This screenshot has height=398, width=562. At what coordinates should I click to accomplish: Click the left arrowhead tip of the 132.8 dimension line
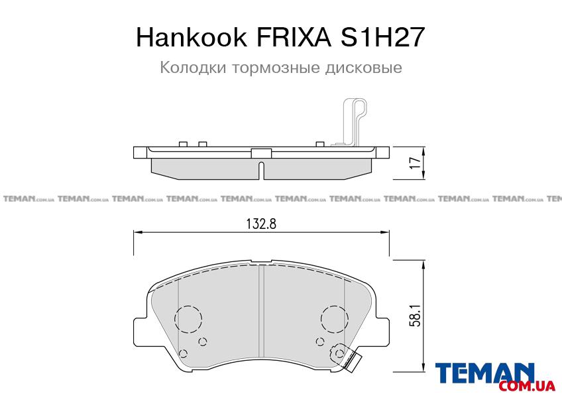pyautogui.click(x=134, y=233)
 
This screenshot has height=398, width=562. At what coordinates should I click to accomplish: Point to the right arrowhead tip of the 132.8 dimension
pyautogui.click(x=389, y=233)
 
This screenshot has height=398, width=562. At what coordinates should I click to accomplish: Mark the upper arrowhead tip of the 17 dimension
pyautogui.click(x=424, y=147)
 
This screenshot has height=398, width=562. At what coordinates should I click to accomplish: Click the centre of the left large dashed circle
pyautogui.click(x=188, y=318)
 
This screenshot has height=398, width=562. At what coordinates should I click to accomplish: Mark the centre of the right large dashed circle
pyautogui.click(x=335, y=318)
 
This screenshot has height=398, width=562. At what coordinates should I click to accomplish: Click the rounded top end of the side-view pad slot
pyautogui.click(x=261, y=164)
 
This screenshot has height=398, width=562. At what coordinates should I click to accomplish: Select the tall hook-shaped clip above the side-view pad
pyautogui.click(x=354, y=122)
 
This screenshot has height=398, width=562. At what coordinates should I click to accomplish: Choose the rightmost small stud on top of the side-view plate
pyautogui.click(x=320, y=144)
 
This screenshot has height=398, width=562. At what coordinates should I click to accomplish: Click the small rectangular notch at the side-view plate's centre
pyautogui.click(x=261, y=153)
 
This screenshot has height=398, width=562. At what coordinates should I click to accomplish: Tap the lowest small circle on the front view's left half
pyautogui.click(x=183, y=354)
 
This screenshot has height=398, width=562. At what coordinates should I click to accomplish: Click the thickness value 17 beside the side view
pyautogui.click(x=415, y=163)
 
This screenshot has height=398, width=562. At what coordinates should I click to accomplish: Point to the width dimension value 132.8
pyautogui.click(x=261, y=224)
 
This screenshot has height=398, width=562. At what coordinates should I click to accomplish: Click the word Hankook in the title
pyautogui.click(x=192, y=37)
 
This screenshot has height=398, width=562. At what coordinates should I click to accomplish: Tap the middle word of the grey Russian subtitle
pyautogui.click(x=276, y=68)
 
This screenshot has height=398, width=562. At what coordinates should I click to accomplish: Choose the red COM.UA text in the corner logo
pyautogui.click(x=526, y=386)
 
